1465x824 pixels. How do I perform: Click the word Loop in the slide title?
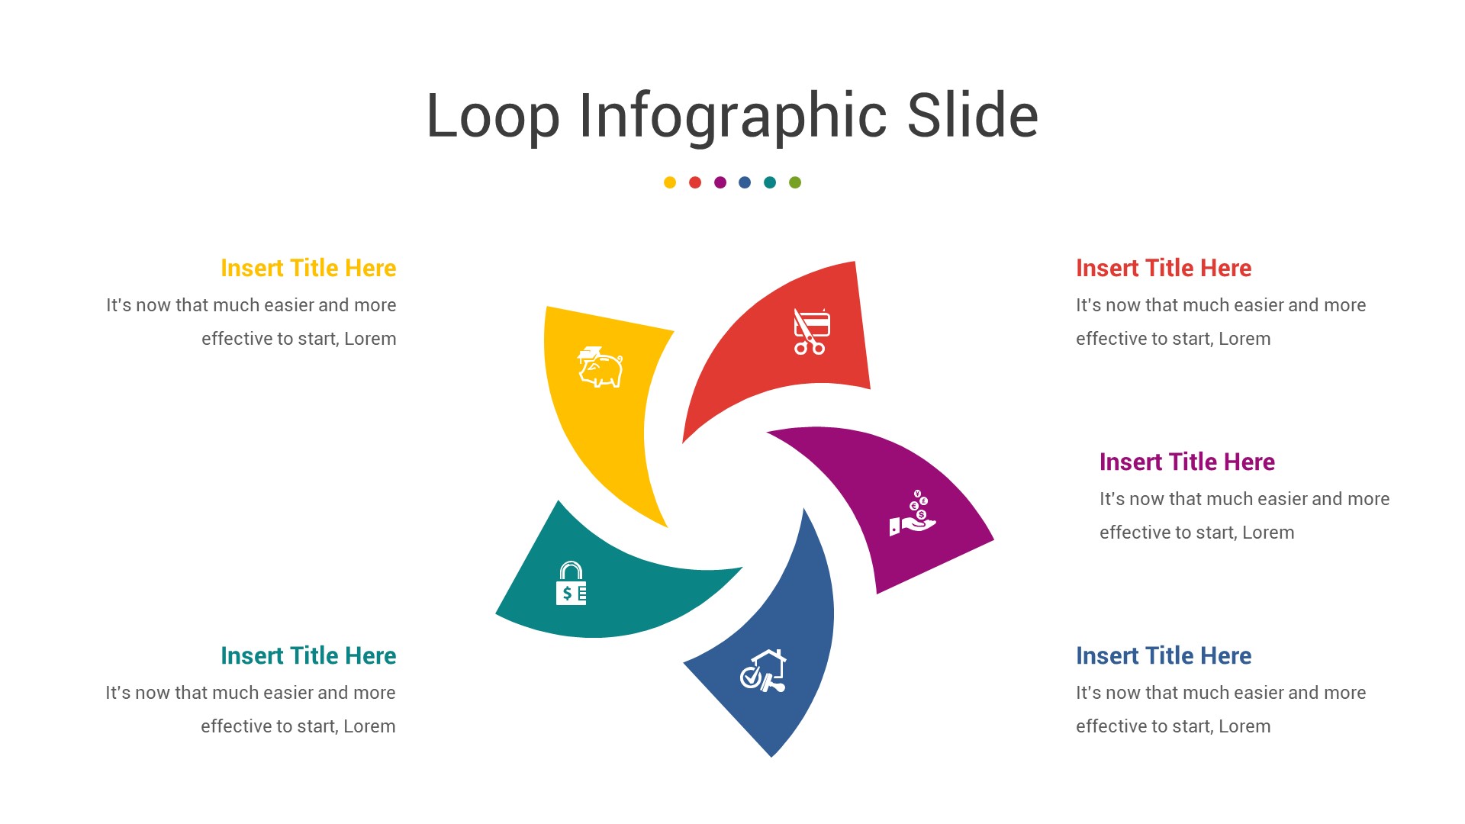(493, 116)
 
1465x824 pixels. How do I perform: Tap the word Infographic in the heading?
(732, 116)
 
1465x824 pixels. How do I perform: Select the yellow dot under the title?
(670, 182)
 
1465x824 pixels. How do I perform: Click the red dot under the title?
(695, 182)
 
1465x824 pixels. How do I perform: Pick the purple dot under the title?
(720, 182)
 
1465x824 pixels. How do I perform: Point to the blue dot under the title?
(745, 182)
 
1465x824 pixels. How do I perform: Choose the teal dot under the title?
(770, 182)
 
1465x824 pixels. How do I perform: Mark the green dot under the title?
(795, 182)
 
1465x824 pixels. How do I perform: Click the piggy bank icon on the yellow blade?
(600, 367)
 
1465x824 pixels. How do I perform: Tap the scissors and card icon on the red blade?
(811, 332)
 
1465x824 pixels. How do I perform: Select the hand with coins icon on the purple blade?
(913, 513)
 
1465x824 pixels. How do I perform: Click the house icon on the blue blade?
(763, 671)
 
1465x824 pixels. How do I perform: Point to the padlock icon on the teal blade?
(571, 584)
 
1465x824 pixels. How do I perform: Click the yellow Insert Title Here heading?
(308, 268)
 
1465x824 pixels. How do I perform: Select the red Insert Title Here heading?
(1164, 268)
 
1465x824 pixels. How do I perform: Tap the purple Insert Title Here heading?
(1187, 462)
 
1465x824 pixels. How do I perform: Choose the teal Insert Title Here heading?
(308, 655)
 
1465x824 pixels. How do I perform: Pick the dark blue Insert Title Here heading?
(1164, 655)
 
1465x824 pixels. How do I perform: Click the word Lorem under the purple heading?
(1268, 533)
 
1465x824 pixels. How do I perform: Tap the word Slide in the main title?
(973, 116)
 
